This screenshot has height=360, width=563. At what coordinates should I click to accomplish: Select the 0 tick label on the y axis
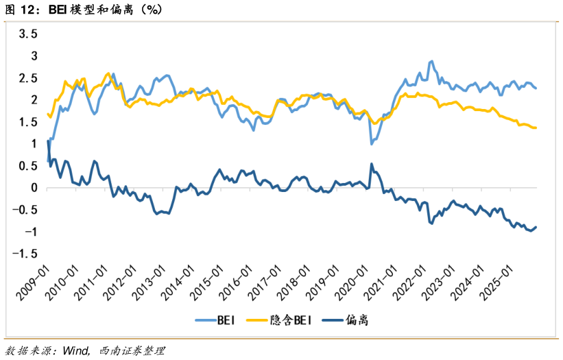[x=35, y=188]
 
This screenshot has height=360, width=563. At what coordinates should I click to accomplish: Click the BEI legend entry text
[x=226, y=320]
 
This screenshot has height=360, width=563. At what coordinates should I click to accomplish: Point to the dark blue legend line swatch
[x=334, y=320]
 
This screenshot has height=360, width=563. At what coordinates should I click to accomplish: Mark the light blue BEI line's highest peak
[x=431, y=61]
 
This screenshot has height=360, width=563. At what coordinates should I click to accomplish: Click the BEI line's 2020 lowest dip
[x=371, y=143]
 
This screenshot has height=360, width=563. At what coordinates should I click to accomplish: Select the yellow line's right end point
[x=536, y=128]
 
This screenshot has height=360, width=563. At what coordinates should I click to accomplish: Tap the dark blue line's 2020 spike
[x=371, y=164]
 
